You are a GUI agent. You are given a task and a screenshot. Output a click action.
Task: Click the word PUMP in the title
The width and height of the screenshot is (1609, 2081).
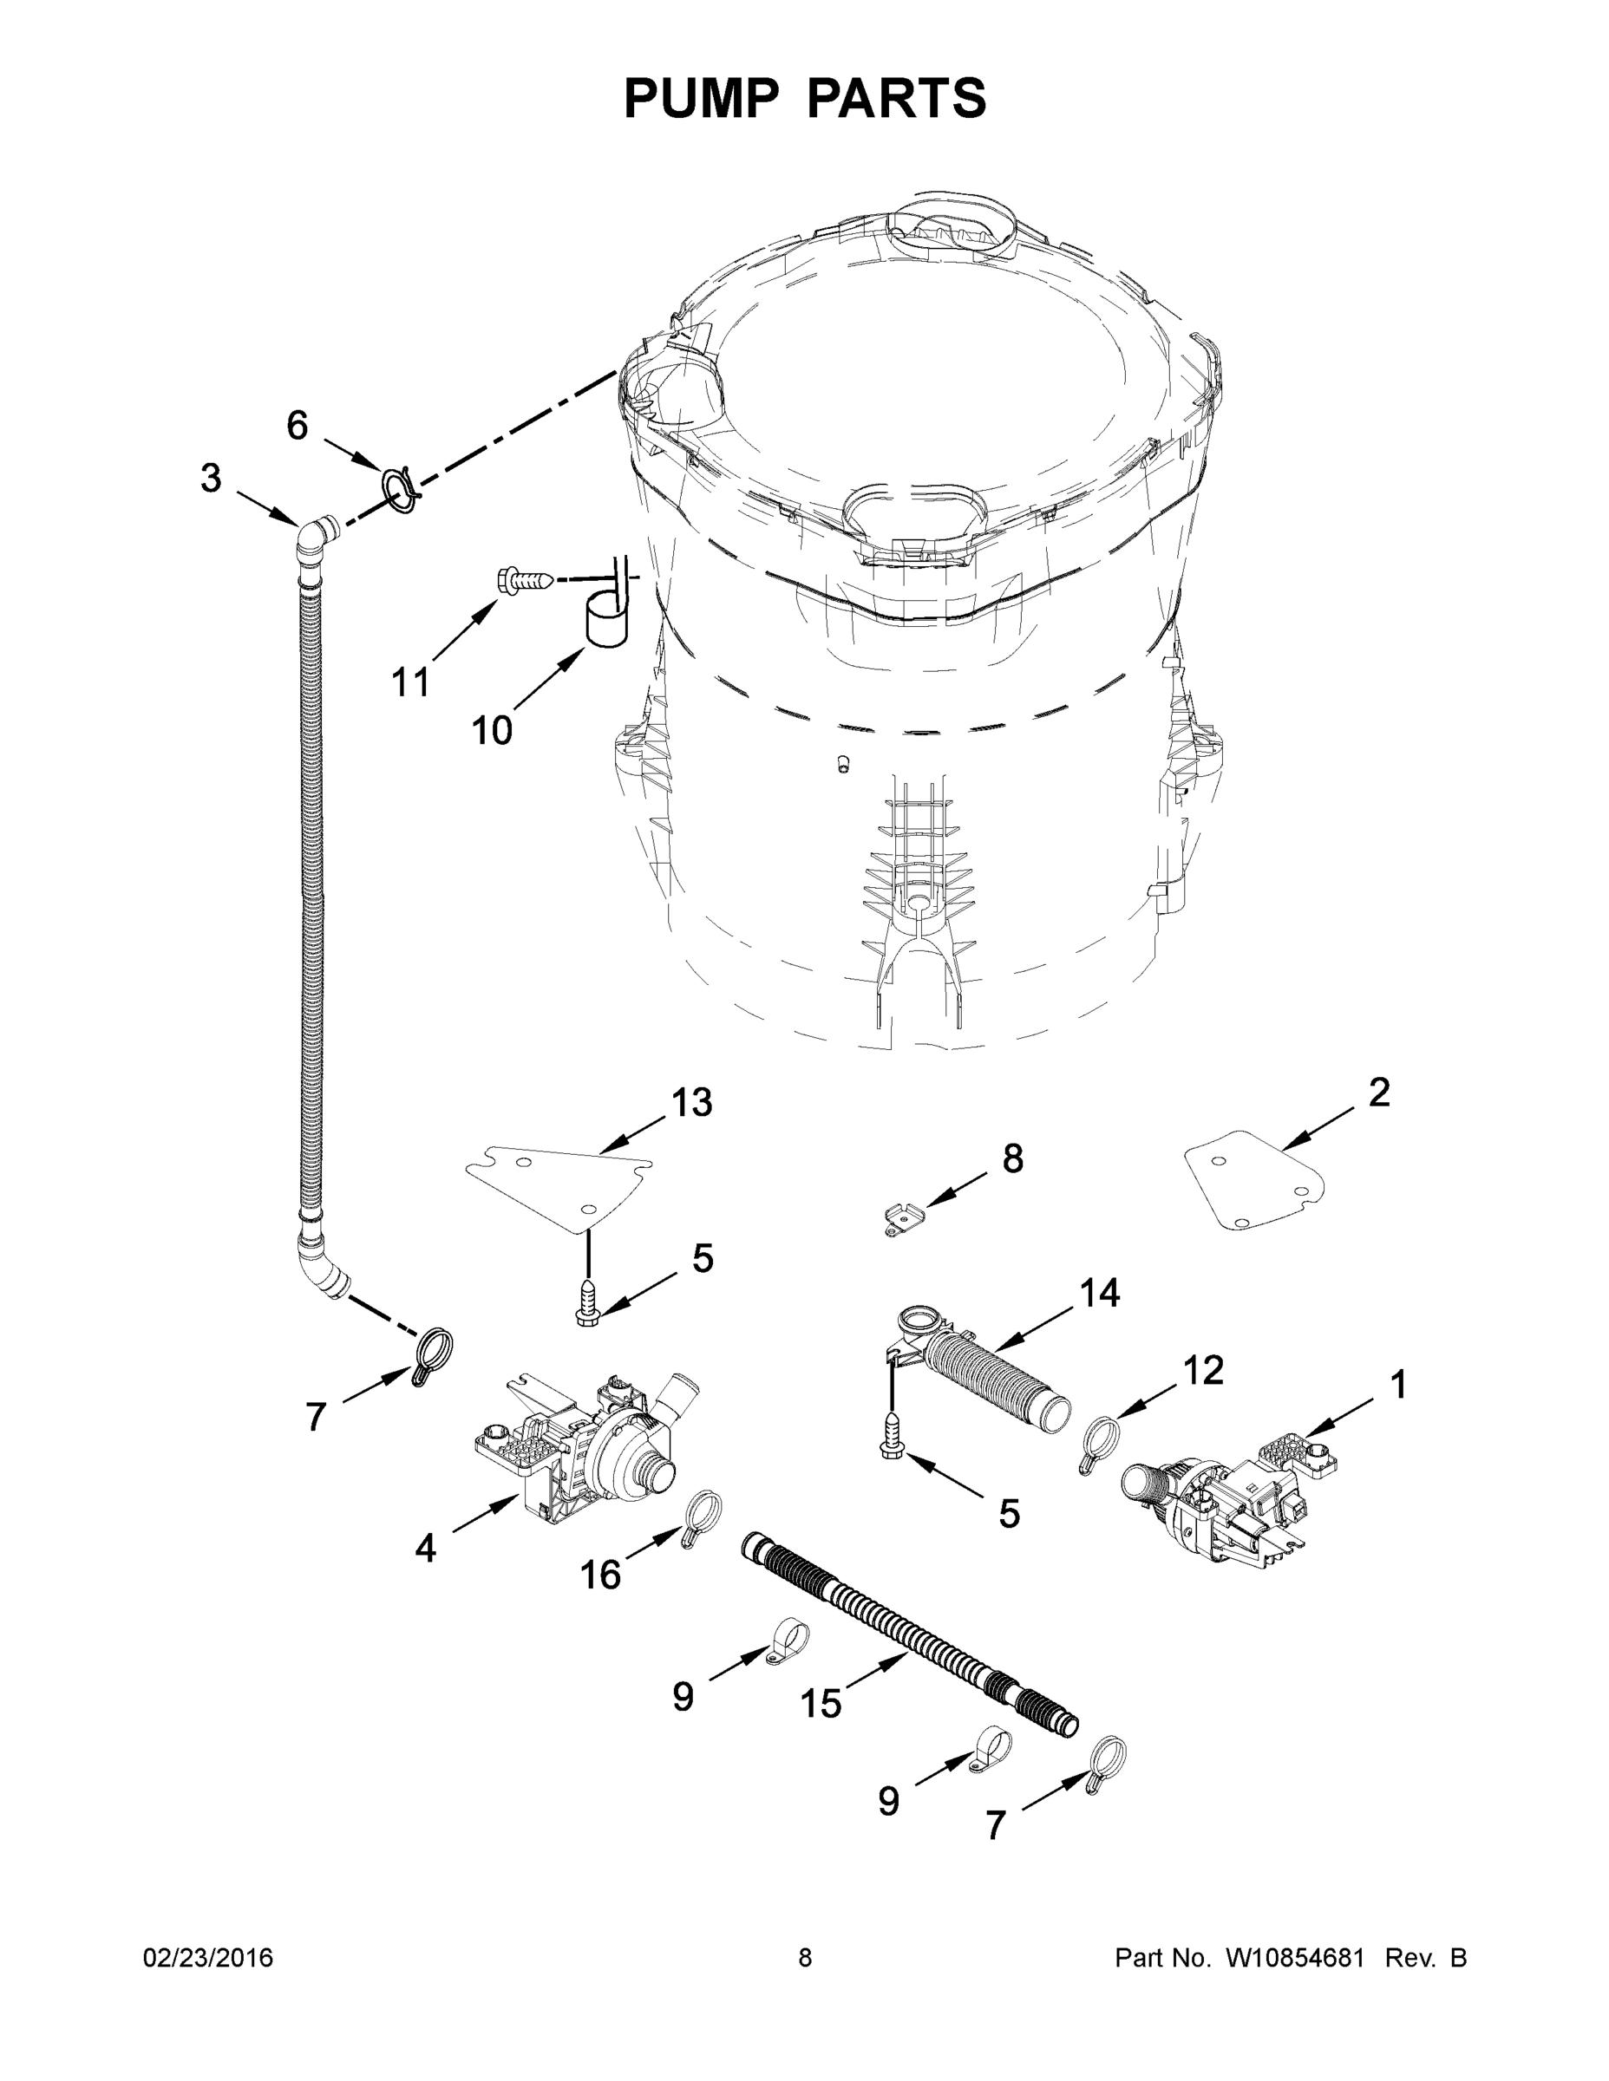click(x=697, y=98)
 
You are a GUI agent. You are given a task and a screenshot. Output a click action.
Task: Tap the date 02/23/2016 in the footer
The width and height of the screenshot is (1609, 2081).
click(x=208, y=1958)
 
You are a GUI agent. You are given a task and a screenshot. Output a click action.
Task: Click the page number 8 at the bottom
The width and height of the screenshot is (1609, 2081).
click(x=805, y=1958)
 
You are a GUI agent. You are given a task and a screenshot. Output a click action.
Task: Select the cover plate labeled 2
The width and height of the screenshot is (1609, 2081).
click(x=1254, y=1179)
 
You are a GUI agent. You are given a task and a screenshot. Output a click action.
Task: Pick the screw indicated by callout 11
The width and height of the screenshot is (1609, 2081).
click(x=521, y=579)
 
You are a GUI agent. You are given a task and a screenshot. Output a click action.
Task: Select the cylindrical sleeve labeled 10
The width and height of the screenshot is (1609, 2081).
click(x=603, y=620)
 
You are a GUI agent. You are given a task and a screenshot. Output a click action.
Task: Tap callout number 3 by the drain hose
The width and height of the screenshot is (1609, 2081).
click(x=211, y=478)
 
